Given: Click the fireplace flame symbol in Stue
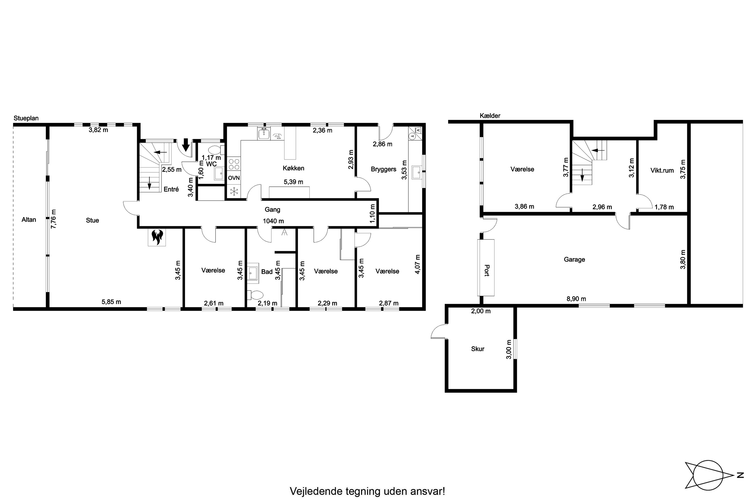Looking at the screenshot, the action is (x=157, y=237).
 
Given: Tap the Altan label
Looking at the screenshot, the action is (x=29, y=220).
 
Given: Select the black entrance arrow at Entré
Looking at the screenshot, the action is (x=185, y=145).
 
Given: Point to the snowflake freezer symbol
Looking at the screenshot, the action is (x=234, y=192).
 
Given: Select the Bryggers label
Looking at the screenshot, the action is (x=384, y=169).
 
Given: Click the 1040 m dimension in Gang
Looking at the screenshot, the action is (x=273, y=221).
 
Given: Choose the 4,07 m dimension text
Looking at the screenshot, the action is (x=417, y=264).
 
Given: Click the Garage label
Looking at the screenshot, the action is (x=574, y=259).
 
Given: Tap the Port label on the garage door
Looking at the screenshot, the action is (x=487, y=270).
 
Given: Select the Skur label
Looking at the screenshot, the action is (x=478, y=349).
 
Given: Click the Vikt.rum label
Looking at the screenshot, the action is (x=662, y=170).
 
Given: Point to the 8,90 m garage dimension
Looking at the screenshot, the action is (x=576, y=299).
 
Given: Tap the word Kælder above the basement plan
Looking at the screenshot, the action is (x=490, y=116).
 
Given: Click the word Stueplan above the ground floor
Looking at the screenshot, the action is (x=26, y=118).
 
